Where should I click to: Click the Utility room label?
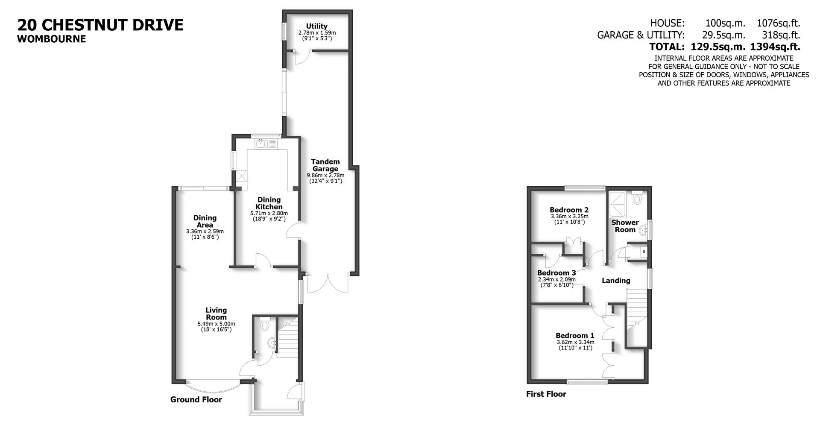pos(316,26)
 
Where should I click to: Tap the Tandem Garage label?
pos(325,165)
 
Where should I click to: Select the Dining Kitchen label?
pos(269,203)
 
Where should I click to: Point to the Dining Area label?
pos(205,221)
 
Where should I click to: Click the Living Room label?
pos(216,314)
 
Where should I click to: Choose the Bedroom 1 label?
pos(575,336)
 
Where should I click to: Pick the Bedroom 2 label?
pos(569,210)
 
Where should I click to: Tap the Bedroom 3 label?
pos(556,273)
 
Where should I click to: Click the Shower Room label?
pos(625,226)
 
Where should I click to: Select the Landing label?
pos(616,281)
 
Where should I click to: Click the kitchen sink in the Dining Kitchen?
pos(261,144)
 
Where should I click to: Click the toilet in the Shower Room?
pos(638,199)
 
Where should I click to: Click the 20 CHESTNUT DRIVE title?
pos(100,25)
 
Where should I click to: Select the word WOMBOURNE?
pos(52,39)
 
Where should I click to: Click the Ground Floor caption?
pos(196,400)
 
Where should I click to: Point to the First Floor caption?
pos(546,394)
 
